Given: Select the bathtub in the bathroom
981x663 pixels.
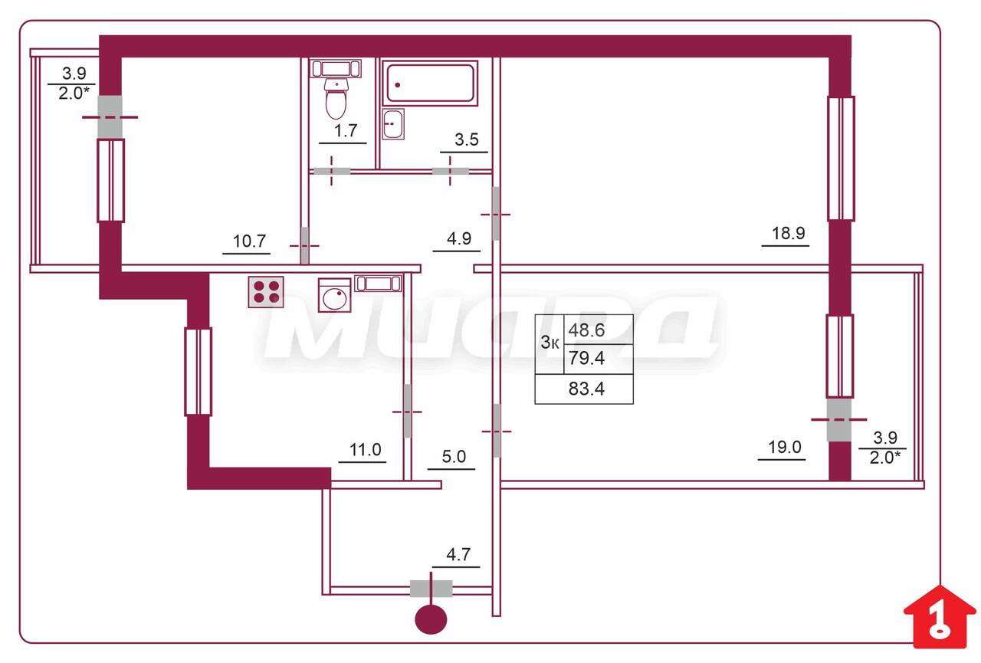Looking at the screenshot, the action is (x=430, y=84).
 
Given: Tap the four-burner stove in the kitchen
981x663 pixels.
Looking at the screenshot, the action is (x=266, y=292).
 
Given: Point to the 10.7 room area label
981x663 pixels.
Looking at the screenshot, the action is (x=249, y=241).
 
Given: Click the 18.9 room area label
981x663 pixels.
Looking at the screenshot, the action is (x=789, y=234).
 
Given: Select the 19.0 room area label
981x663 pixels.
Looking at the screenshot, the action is (x=785, y=447).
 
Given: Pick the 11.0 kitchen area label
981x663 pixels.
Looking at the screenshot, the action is (x=366, y=450).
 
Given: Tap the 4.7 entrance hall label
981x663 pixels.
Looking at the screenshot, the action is (x=458, y=555).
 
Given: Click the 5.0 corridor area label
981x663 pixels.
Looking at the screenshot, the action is (x=454, y=457).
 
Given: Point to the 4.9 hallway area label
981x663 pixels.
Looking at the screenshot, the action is (x=459, y=238).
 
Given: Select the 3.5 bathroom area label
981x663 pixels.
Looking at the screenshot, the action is (x=467, y=139).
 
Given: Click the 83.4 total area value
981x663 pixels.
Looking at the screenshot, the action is (x=586, y=389).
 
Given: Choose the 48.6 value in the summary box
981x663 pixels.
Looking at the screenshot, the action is (x=586, y=330).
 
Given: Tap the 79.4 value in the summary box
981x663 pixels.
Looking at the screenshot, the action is (x=586, y=358).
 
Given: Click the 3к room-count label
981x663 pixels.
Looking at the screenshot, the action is (x=550, y=343).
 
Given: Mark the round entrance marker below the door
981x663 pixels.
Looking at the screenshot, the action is (x=431, y=619).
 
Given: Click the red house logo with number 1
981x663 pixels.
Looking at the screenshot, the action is (x=940, y=617).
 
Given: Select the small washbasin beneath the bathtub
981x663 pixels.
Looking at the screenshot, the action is (x=393, y=124).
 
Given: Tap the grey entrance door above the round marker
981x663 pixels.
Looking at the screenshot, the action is (x=431, y=589).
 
